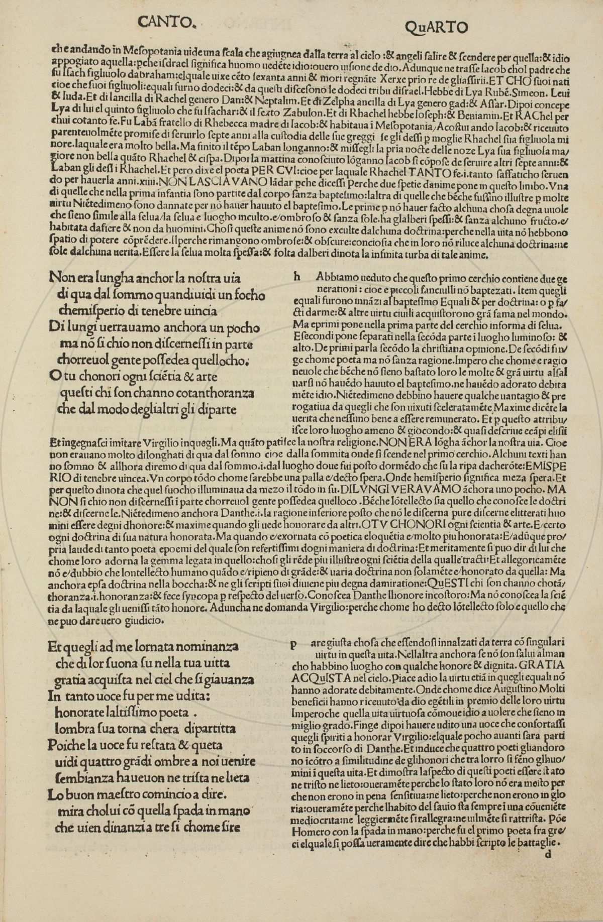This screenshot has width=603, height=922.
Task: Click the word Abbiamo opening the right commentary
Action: (x=336, y=277)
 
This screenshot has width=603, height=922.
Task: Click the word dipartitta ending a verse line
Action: (x=210, y=729)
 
